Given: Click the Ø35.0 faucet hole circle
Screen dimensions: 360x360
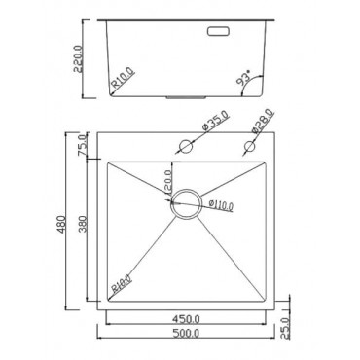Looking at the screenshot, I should pyautogui.click(x=185, y=146).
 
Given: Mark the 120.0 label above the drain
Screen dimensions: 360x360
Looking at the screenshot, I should pyautogui.click(x=167, y=180).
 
